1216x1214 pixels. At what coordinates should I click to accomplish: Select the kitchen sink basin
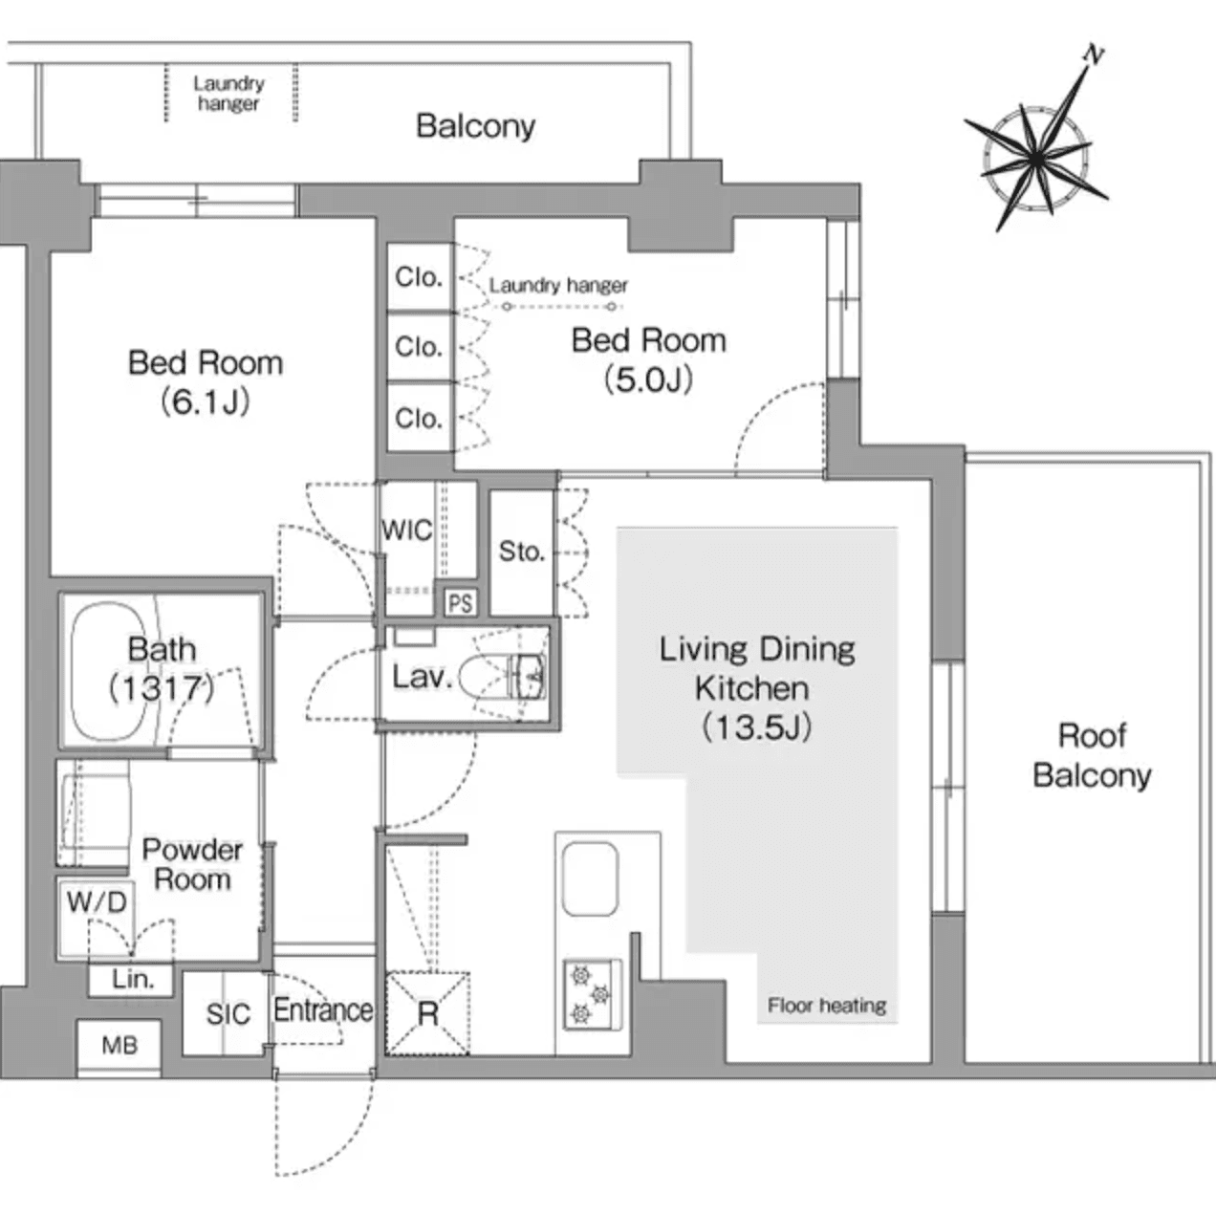590,878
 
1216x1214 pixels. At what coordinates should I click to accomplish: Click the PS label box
460,603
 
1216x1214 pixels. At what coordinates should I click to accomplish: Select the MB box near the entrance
119,1046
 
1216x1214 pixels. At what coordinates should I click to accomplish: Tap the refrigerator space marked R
427,1013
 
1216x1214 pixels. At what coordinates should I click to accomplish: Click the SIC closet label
228,1014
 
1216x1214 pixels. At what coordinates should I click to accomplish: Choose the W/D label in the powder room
96,900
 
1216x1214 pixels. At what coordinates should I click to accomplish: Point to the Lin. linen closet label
132,979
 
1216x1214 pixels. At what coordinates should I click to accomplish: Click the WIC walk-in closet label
407,531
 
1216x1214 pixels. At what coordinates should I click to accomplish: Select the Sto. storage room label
521,551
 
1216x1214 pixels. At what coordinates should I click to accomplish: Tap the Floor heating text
827,1006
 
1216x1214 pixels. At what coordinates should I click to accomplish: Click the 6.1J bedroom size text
206,402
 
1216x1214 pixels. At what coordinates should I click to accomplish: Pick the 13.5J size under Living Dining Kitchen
756,727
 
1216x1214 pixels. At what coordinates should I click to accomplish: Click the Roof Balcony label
1092,755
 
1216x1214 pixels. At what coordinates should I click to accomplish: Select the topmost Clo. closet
419,277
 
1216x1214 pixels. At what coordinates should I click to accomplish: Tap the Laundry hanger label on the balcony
228,94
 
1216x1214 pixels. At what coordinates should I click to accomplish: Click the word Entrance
323,1009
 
